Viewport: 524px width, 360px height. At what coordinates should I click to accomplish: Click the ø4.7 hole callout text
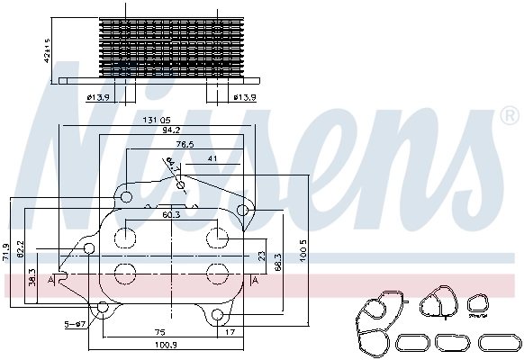tap(172, 164)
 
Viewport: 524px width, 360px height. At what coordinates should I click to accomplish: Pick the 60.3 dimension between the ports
tap(171, 215)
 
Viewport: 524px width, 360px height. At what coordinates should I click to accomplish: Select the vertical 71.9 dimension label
tap(6, 250)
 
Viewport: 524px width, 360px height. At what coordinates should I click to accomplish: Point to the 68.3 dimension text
tap(279, 261)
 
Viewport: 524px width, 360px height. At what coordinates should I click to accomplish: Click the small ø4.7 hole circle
tap(182, 186)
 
